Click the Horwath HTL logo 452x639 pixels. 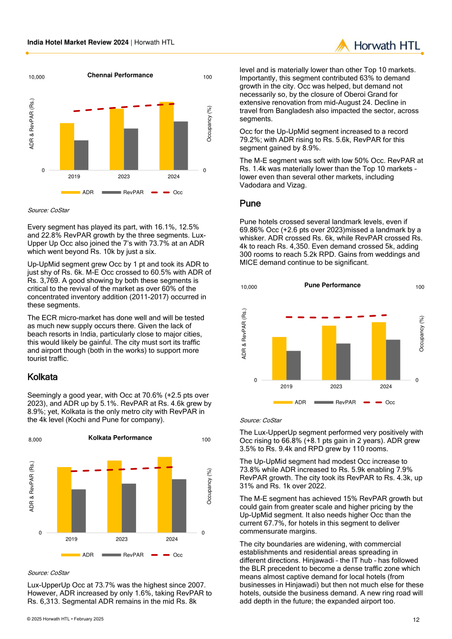click(377, 46)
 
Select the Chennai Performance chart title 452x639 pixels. click(120, 75)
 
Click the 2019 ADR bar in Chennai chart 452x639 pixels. click(67, 147)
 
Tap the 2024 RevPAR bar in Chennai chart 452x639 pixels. click(181, 146)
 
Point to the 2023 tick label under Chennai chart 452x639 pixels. click(124, 177)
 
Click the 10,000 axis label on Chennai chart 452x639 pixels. click(36, 77)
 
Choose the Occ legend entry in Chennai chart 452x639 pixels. click(167, 193)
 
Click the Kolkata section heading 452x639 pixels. click(43, 377)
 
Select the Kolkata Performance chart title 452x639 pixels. click(120, 438)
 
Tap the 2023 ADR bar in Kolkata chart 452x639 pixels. click(114, 497)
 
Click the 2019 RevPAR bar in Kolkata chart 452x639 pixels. click(79, 511)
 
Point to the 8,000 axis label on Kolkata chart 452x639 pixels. click(35, 440)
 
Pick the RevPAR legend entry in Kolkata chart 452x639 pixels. click(123, 555)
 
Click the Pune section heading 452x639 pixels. click(250, 203)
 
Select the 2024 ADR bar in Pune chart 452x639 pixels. click(379, 351)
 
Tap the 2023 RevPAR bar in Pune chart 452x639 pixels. click(343, 361)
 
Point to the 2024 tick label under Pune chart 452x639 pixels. click(386, 387)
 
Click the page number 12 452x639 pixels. click(416, 620)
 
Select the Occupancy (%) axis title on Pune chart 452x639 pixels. click(422, 333)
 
